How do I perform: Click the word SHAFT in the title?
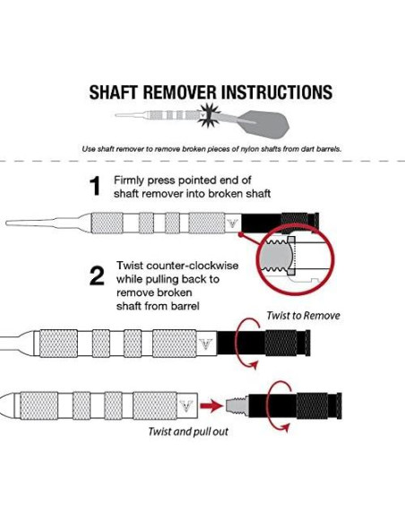(113, 92)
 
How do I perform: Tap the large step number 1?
(95, 186)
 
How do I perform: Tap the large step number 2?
(97, 276)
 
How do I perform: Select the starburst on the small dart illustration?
(209, 115)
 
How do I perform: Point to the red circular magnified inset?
(295, 259)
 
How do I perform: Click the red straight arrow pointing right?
(211, 406)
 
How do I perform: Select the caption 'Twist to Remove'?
(303, 316)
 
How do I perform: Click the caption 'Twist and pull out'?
(188, 432)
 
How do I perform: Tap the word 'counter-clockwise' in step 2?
(193, 266)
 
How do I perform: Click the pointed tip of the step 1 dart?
(6, 223)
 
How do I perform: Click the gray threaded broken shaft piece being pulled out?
(237, 406)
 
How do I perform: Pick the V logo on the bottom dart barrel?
(185, 406)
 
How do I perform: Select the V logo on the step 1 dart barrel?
(232, 223)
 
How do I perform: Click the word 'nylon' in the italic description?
(248, 149)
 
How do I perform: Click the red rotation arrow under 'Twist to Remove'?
(247, 344)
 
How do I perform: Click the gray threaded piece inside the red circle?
(277, 257)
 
